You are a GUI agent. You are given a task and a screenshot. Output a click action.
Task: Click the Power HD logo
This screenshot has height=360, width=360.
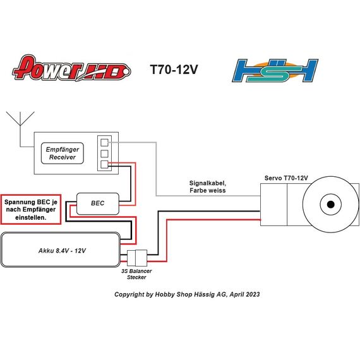click(x=71, y=68)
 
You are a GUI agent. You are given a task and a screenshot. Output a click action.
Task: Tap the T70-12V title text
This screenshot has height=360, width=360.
click(x=174, y=69)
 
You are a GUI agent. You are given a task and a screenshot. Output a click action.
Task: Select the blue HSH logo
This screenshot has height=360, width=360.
click(x=275, y=71)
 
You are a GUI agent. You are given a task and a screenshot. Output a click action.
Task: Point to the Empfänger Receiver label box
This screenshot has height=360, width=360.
click(x=63, y=153)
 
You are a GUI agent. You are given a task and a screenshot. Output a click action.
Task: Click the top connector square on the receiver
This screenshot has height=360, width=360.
click(x=104, y=143)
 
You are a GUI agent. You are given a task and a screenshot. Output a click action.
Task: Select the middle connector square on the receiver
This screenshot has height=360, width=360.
click(x=104, y=153)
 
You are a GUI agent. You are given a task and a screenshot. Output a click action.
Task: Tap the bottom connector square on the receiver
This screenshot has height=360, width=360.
click(x=104, y=164)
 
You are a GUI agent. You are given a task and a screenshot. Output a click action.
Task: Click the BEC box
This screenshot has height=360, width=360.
click(x=97, y=203)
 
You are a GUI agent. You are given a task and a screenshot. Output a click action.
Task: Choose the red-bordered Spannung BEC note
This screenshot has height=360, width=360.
click(x=31, y=210)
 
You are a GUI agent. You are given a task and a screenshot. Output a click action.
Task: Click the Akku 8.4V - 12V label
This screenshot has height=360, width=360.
click(x=62, y=251)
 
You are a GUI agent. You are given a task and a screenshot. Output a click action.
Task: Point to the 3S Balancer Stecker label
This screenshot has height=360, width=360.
click(x=136, y=274)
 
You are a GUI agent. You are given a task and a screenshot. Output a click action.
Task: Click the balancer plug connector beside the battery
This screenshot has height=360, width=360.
click(x=137, y=258)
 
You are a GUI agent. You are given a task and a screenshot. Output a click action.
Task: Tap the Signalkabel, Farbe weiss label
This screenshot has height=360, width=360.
click(x=208, y=187)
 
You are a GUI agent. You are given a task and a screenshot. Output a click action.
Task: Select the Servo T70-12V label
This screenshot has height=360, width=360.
click(x=286, y=178)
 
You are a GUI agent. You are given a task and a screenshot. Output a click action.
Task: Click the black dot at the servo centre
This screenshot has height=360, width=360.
click(x=330, y=205)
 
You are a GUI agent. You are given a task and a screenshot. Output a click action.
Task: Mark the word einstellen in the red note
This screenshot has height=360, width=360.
click(x=31, y=217)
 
